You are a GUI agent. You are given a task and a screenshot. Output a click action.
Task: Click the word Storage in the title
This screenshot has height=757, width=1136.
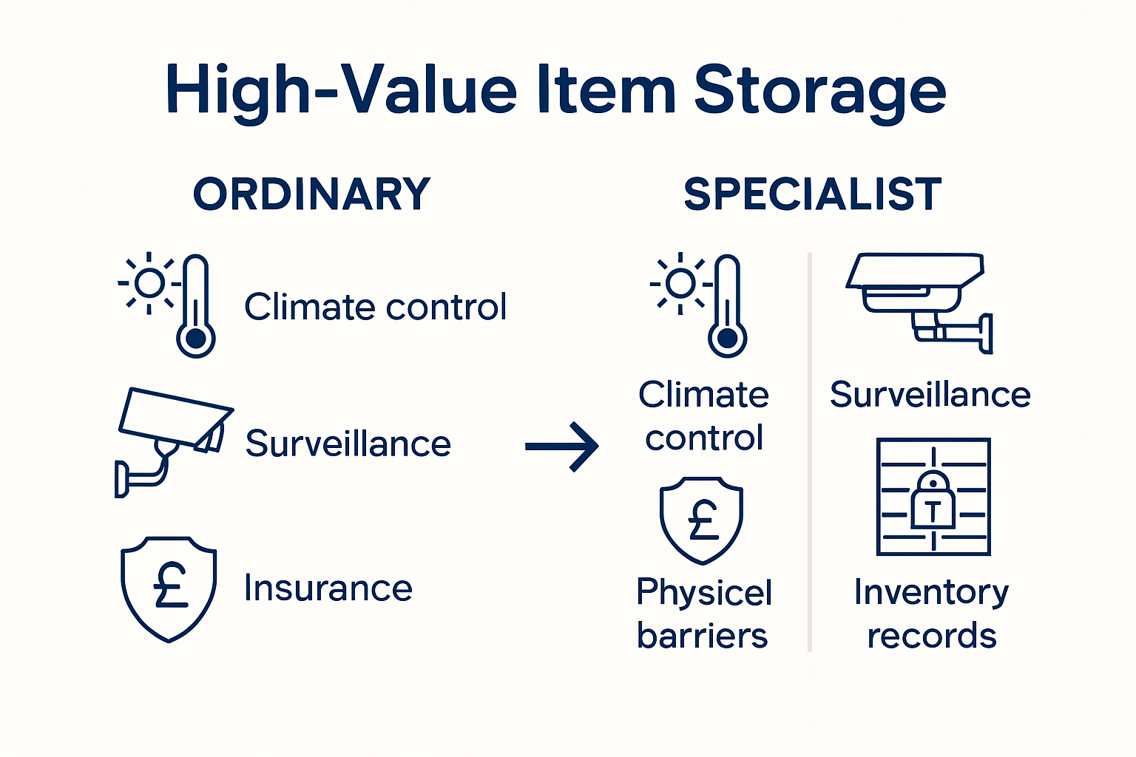coord(819,90)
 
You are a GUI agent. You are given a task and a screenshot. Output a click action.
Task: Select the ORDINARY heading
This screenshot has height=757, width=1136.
coord(311,194)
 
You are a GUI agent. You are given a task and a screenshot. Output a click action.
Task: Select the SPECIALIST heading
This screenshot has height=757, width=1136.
coord(812,194)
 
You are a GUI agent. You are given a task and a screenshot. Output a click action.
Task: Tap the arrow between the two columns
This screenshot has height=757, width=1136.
coord(562,447)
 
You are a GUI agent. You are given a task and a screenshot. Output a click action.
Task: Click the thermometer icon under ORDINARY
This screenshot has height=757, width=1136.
coord(196,307)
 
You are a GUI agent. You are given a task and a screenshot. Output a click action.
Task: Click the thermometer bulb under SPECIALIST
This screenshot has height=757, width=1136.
coord(728,339)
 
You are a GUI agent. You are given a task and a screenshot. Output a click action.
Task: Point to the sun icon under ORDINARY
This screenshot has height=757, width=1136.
coord(149,282)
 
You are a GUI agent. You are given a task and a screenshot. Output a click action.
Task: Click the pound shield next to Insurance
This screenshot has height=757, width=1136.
coord(169,588)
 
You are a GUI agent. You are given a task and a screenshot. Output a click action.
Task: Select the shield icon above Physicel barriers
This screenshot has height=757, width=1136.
coord(701,520)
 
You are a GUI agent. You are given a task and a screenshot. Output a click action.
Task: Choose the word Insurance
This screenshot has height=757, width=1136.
coord(328,588)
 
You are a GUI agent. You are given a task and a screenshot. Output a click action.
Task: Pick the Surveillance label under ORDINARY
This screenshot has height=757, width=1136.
coord(348,444)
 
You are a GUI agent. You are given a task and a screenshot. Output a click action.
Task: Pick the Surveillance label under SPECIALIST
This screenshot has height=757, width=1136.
coord(930,395)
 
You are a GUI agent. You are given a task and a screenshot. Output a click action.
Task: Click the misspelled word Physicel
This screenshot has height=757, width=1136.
coord(704,592)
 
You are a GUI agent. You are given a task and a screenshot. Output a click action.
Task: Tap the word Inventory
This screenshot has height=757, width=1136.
coord(931,592)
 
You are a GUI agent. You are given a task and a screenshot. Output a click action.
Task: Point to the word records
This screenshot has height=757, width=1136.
coord(932,636)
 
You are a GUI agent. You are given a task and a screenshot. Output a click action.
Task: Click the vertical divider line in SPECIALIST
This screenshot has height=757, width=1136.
coord(810,451)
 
